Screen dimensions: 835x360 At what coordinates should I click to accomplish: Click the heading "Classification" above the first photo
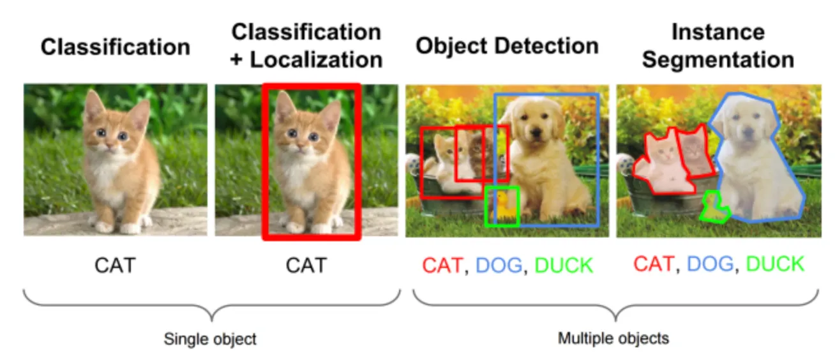[116, 47]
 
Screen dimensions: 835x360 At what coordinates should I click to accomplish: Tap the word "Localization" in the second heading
[316, 59]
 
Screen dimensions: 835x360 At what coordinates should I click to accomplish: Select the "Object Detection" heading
[508, 46]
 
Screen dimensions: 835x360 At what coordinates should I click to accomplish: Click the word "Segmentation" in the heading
[718, 59]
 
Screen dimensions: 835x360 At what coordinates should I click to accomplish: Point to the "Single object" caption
[210, 338]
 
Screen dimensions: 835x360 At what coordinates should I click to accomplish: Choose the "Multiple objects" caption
[613, 338]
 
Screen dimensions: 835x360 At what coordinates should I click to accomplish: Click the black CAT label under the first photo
[115, 265]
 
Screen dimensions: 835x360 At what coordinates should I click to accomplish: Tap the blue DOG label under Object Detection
[499, 266]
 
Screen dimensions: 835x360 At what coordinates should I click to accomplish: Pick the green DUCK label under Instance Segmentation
[775, 264]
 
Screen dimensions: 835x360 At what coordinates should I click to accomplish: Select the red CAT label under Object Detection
[442, 266]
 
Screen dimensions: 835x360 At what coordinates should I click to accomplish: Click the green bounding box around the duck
[502, 206]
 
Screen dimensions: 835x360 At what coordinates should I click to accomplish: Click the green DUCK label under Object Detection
[564, 266]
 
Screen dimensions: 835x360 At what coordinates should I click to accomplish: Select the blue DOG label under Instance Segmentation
[709, 264]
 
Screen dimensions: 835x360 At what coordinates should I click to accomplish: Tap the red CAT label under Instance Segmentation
[653, 264]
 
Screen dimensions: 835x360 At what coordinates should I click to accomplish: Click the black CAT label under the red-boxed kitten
[306, 265]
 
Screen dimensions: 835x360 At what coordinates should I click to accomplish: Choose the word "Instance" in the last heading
[718, 32]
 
